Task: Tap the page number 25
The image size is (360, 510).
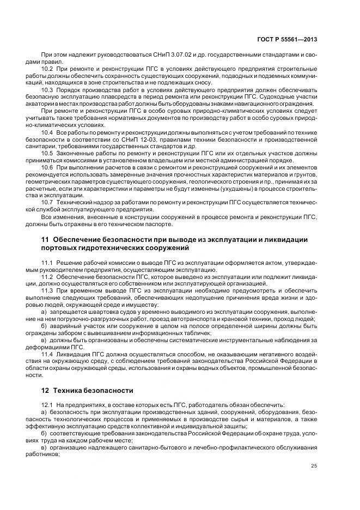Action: pyautogui.click(x=314, y=465)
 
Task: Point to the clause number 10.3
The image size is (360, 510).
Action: pyautogui.click(x=47, y=88)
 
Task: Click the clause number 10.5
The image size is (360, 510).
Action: pyautogui.click(x=47, y=154)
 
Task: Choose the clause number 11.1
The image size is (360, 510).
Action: pyautogui.click(x=47, y=263)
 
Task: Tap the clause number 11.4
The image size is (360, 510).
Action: pyautogui.click(x=47, y=355)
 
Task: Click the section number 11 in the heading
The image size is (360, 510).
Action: pyautogui.click(x=45, y=240)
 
